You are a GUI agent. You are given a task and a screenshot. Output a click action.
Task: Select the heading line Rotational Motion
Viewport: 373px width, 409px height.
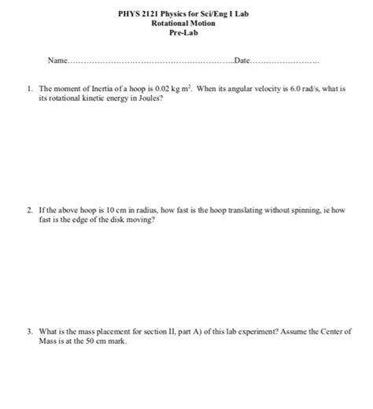(x=183, y=24)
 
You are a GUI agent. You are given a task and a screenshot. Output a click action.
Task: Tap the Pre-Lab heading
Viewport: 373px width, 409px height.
(x=183, y=32)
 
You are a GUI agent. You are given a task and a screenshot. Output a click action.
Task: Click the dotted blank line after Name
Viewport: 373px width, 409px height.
(x=150, y=61)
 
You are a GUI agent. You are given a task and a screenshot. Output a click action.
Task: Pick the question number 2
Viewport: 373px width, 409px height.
(x=28, y=211)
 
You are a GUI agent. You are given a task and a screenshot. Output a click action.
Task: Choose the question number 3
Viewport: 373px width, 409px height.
(x=28, y=331)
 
